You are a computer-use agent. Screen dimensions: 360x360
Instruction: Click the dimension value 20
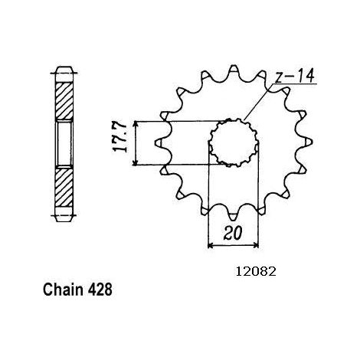pyautogui.click(x=232, y=233)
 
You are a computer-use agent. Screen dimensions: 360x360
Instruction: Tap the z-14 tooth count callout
pyautogui.click(x=294, y=76)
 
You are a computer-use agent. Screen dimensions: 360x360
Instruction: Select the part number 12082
pyautogui.click(x=256, y=272)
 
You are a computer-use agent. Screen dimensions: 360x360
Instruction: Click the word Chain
pyautogui.click(x=64, y=290)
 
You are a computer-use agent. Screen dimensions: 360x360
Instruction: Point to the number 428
pyautogui.click(x=100, y=290)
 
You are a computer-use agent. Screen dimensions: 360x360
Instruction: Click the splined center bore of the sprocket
pyautogui.click(x=234, y=142)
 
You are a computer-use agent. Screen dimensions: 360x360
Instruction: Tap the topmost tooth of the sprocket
pyautogui.click(x=234, y=70)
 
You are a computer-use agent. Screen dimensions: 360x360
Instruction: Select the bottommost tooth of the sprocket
pyautogui.click(x=233, y=216)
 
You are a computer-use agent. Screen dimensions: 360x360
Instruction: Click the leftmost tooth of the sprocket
pyautogui.click(x=160, y=142)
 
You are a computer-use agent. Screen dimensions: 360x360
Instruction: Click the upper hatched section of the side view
pyautogui.click(x=64, y=101)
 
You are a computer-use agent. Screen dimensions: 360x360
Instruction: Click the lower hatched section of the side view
pyautogui.click(x=64, y=186)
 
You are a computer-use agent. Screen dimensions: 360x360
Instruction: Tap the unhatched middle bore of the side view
pyautogui.click(x=64, y=144)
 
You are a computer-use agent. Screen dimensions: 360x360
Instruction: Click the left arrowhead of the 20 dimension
pyautogui.click(x=211, y=246)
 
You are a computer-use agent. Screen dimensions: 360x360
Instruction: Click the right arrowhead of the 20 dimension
pyautogui.click(x=256, y=246)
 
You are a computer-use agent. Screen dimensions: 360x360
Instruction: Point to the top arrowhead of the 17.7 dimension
pyautogui.click(x=136, y=124)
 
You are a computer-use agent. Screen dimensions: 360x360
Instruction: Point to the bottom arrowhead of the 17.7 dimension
pyautogui.click(x=136, y=162)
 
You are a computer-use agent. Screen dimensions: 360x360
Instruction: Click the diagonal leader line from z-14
pyautogui.click(x=259, y=102)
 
